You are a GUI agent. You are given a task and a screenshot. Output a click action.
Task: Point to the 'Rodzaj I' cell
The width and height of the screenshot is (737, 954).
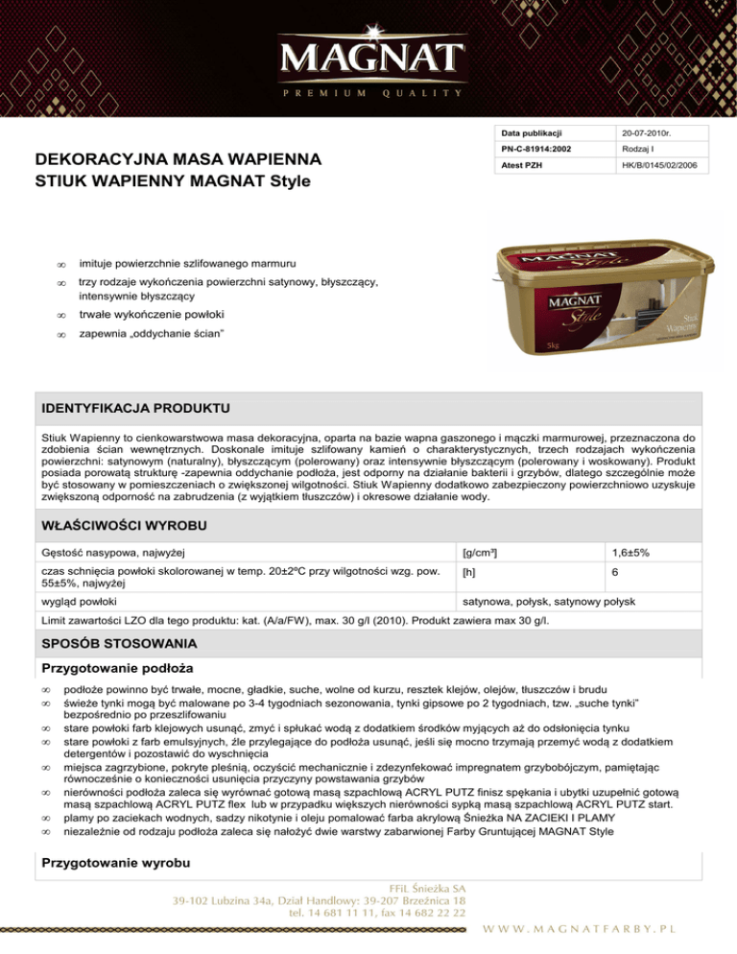(x=639, y=150)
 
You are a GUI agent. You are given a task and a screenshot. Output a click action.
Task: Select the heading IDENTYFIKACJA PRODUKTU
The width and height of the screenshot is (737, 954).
(x=135, y=410)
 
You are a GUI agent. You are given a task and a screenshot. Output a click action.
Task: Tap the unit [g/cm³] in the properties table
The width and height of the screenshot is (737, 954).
(x=479, y=553)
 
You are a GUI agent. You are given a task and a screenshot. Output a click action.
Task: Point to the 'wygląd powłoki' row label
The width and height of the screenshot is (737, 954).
(x=78, y=602)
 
